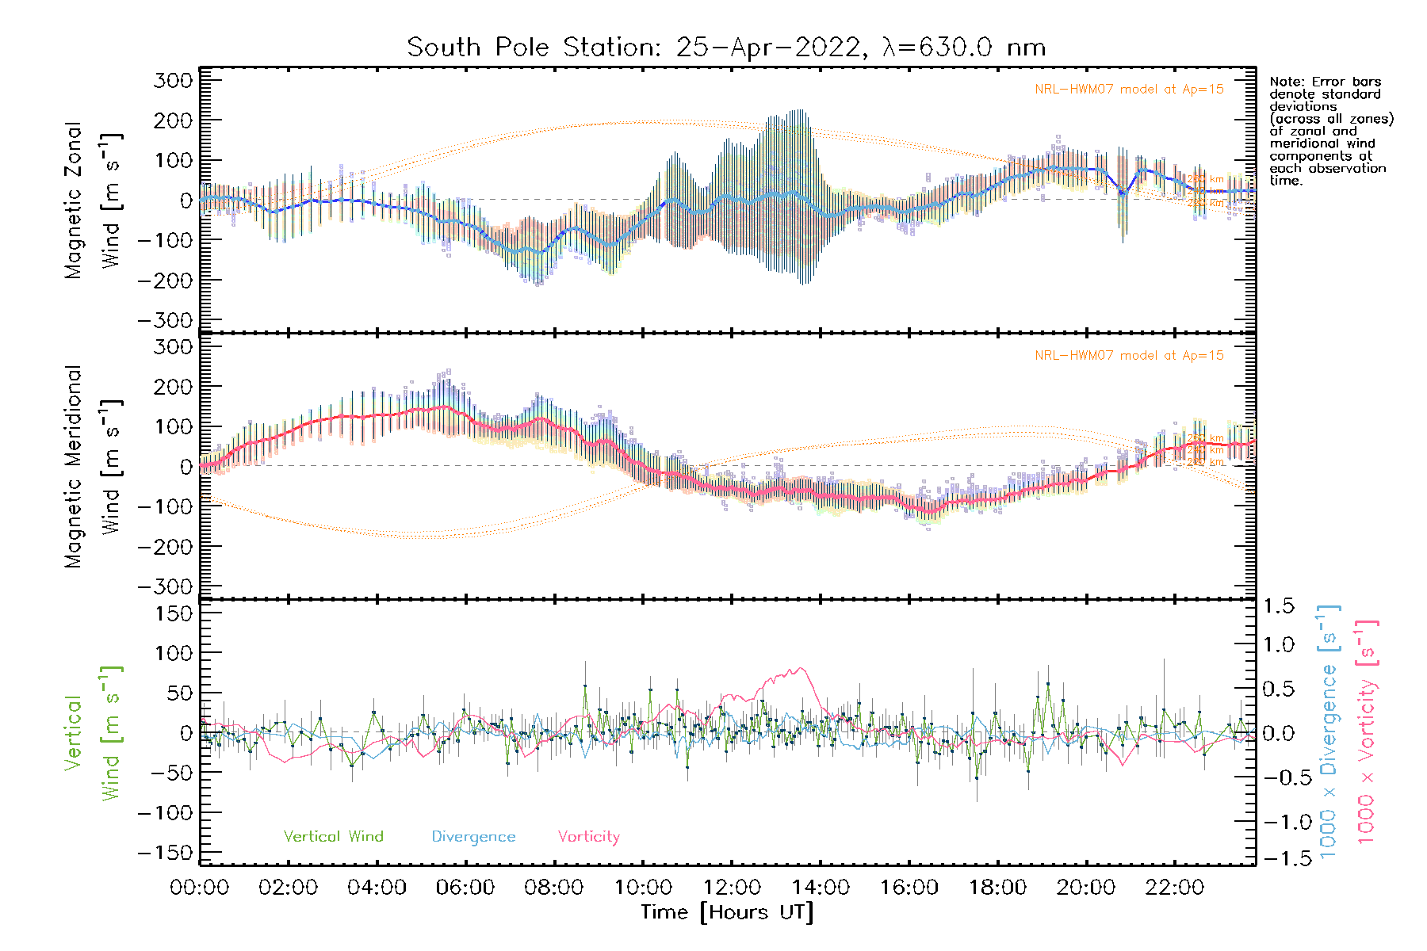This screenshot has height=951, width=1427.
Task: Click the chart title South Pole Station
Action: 726,48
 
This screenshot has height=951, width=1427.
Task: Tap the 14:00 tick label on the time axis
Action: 821,888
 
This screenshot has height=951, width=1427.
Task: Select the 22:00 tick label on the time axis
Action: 1175,888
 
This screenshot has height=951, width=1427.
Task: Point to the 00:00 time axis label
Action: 200,888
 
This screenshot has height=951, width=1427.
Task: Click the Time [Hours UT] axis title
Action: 727,912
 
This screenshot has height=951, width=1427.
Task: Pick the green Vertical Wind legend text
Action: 333,837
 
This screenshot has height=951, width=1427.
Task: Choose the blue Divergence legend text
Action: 473,837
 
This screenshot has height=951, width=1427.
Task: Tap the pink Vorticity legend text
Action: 588,837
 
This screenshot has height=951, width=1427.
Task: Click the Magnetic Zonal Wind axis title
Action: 93,201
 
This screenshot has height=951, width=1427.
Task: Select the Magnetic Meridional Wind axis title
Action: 93,467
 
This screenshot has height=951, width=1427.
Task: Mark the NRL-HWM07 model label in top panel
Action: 1129,90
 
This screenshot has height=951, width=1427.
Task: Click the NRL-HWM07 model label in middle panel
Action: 1129,356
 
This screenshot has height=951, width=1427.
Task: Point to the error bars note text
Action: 1330,131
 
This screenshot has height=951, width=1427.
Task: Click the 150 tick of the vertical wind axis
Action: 173,613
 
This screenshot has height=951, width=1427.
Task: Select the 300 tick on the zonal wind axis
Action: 173,81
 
